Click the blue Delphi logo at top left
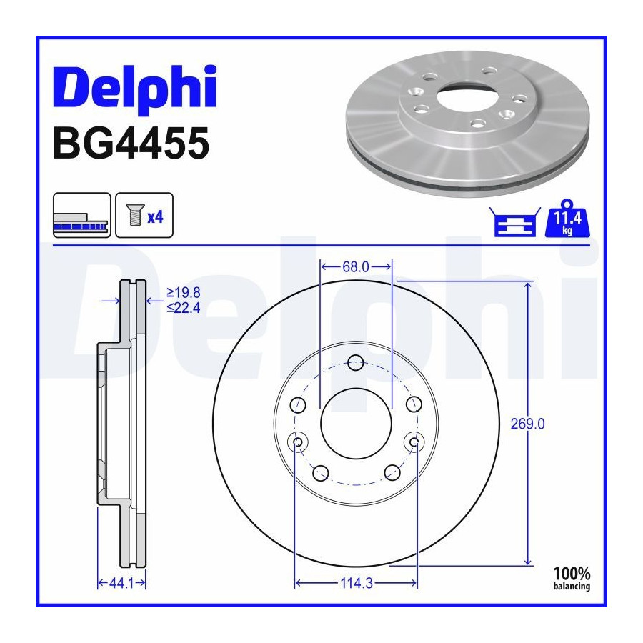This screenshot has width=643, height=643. (135, 87)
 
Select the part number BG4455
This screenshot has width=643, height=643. (131, 143)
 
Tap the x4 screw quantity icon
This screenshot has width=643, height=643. (144, 215)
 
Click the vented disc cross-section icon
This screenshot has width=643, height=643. (82, 215)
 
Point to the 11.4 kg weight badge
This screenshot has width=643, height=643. (567, 219)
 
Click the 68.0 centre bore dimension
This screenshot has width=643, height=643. (356, 267)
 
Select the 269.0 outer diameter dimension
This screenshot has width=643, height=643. (528, 424)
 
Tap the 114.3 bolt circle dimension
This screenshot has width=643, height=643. (357, 583)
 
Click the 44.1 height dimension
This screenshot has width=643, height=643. (121, 583)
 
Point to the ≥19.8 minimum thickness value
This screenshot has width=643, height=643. (184, 293)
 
